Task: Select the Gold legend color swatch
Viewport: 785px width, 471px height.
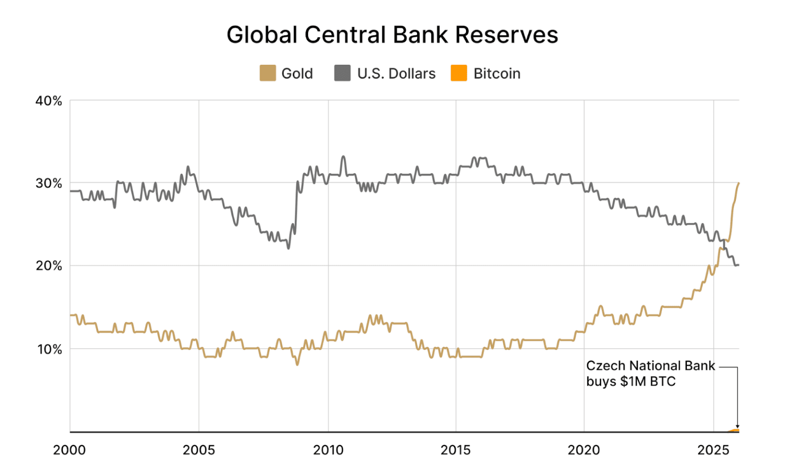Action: click(268, 73)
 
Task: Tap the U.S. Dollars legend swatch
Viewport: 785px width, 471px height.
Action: click(342, 73)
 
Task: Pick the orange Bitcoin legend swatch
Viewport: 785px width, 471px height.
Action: click(458, 73)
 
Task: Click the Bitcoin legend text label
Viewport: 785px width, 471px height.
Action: click(497, 74)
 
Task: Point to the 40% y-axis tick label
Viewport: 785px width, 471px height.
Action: click(49, 101)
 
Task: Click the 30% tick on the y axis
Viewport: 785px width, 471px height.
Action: click(49, 183)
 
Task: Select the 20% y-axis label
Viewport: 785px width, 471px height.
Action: click(49, 266)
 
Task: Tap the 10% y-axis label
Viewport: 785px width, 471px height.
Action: click(49, 349)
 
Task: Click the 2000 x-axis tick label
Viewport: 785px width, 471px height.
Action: click(70, 450)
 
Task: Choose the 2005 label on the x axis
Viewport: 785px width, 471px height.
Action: click(199, 450)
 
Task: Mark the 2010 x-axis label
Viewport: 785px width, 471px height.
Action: click(328, 450)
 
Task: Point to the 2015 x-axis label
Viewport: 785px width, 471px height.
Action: click(456, 450)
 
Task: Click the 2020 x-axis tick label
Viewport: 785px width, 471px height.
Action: click(584, 450)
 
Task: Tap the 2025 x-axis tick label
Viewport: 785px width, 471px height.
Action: click(713, 450)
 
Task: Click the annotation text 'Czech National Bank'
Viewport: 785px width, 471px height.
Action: click(651, 366)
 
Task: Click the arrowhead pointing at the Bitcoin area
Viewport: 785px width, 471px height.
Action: click(737, 427)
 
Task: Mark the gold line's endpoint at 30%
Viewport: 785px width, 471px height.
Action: click(738, 183)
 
